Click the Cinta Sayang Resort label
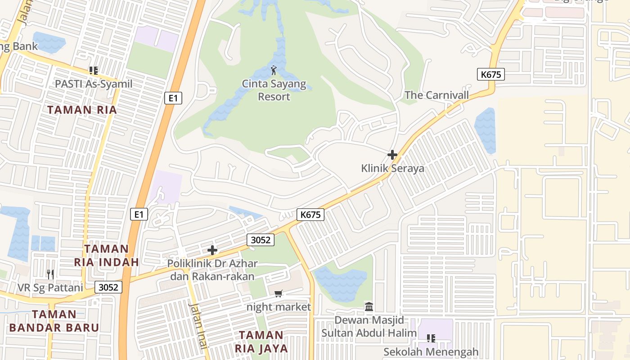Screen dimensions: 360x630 click(x=274, y=90)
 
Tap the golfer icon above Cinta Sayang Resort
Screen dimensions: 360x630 click(x=274, y=70)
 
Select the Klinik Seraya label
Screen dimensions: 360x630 click(x=392, y=168)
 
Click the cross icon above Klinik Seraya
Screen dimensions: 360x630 click(x=392, y=155)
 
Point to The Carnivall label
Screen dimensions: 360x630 click(x=436, y=95)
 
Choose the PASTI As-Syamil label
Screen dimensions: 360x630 click(x=94, y=84)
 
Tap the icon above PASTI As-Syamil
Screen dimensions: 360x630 click(x=94, y=70)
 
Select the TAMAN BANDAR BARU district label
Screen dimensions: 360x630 click(x=54, y=321)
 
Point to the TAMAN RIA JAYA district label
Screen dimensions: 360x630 click(x=261, y=342)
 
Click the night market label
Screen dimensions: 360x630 click(x=279, y=307)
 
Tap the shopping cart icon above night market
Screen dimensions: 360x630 click(x=279, y=294)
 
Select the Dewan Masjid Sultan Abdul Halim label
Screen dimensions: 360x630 click(x=369, y=326)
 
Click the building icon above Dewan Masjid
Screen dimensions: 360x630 click(x=369, y=307)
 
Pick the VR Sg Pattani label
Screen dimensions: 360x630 click(x=50, y=288)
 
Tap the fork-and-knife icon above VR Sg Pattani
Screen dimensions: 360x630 click(x=50, y=274)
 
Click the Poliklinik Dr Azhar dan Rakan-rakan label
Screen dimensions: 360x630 click(x=212, y=270)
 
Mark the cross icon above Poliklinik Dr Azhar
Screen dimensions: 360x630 click(x=212, y=250)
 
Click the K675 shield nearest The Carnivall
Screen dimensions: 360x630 click(x=490, y=74)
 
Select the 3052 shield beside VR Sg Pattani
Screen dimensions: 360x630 click(x=108, y=287)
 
